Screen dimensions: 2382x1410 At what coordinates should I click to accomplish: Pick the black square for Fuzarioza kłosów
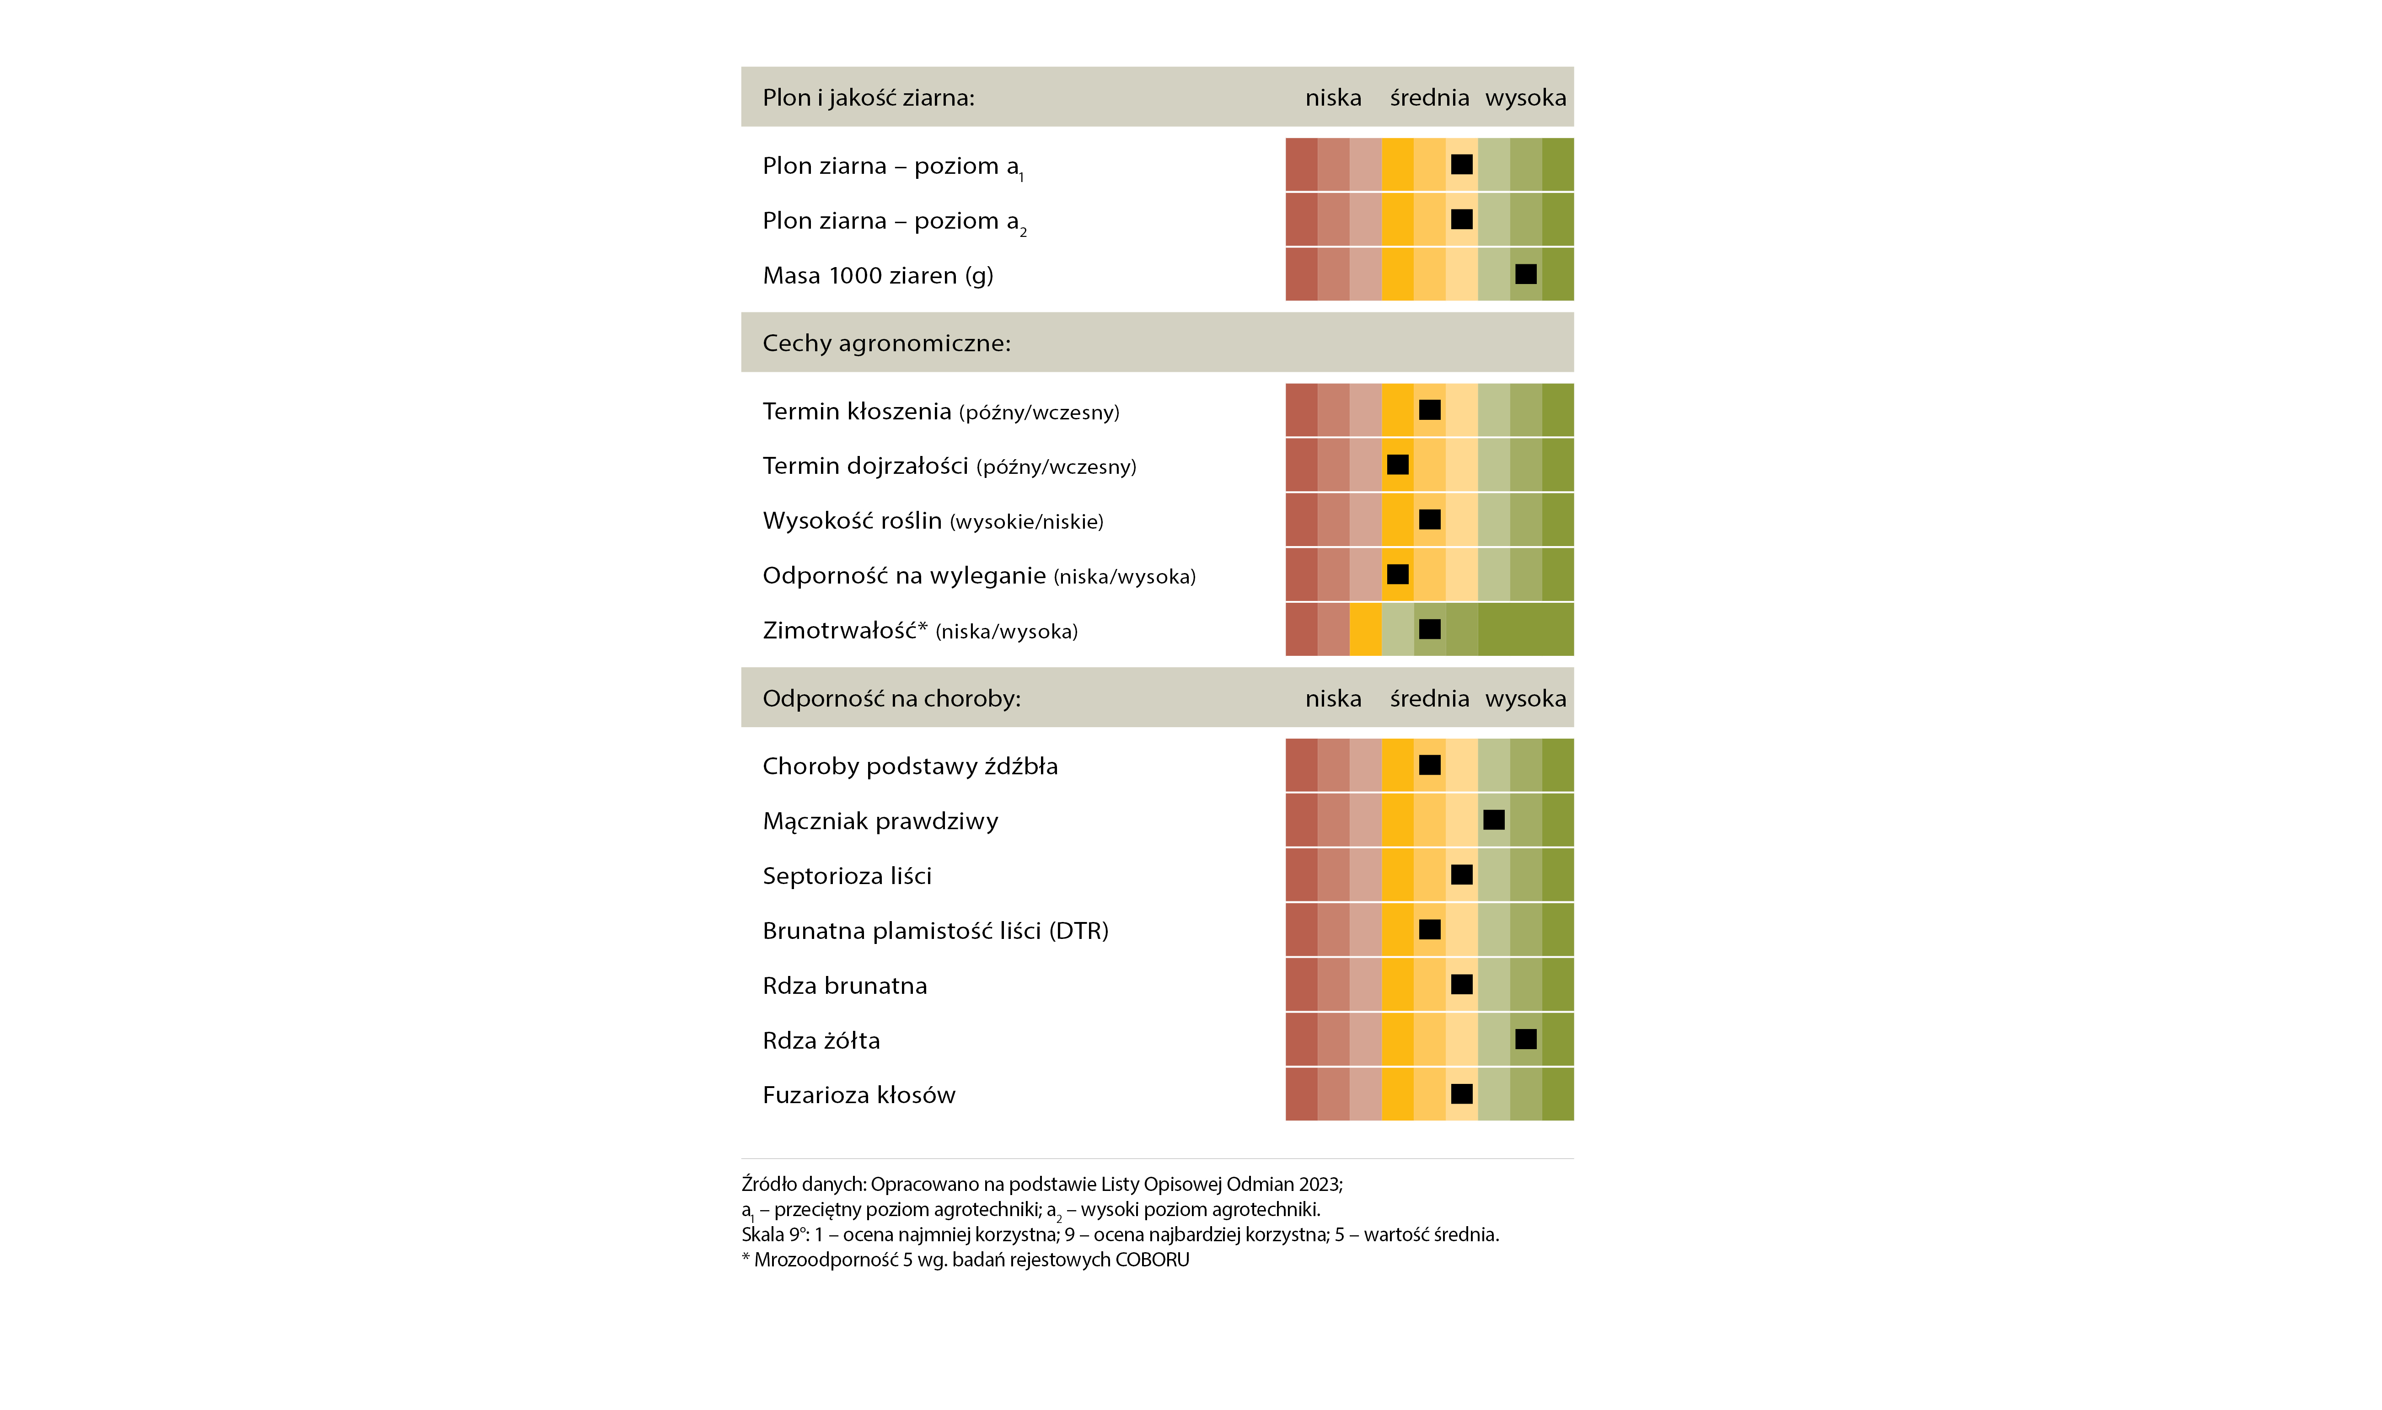click(x=1461, y=1094)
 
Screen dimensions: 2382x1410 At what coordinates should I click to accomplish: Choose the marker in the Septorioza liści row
click(x=1461, y=874)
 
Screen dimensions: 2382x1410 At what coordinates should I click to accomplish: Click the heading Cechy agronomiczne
click(x=886, y=343)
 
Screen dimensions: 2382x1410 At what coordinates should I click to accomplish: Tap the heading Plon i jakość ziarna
click(x=869, y=98)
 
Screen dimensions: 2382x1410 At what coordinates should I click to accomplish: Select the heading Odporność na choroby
click(x=891, y=698)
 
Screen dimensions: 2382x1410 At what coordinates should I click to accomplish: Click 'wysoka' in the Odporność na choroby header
click(x=1525, y=698)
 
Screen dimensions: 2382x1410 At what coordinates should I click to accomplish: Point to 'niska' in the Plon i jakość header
click(x=1333, y=98)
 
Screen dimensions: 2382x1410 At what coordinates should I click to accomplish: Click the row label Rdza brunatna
click(x=845, y=985)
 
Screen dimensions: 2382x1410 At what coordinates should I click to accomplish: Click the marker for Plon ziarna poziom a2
click(x=1461, y=219)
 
